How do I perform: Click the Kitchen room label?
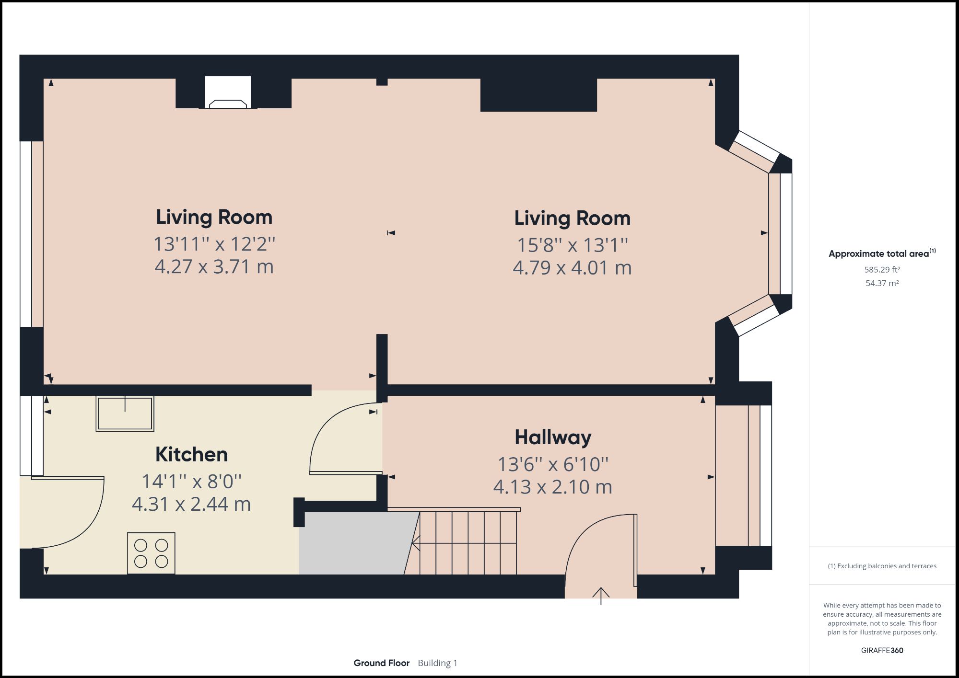(191, 455)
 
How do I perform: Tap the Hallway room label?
(552, 437)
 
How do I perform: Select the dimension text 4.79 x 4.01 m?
(572, 268)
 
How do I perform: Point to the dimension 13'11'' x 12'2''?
(214, 244)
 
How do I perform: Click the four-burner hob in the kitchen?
(151, 553)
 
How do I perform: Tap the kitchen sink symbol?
(125, 414)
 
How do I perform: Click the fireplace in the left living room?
(228, 92)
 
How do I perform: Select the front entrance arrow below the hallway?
(601, 595)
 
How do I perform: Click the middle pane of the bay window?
(781, 233)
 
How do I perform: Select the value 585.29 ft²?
(882, 270)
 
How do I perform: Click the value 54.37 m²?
(882, 283)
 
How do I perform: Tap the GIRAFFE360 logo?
(882, 650)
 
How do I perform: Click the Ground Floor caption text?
(381, 663)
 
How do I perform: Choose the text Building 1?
(437, 663)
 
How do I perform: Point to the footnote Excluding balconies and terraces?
(882, 566)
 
